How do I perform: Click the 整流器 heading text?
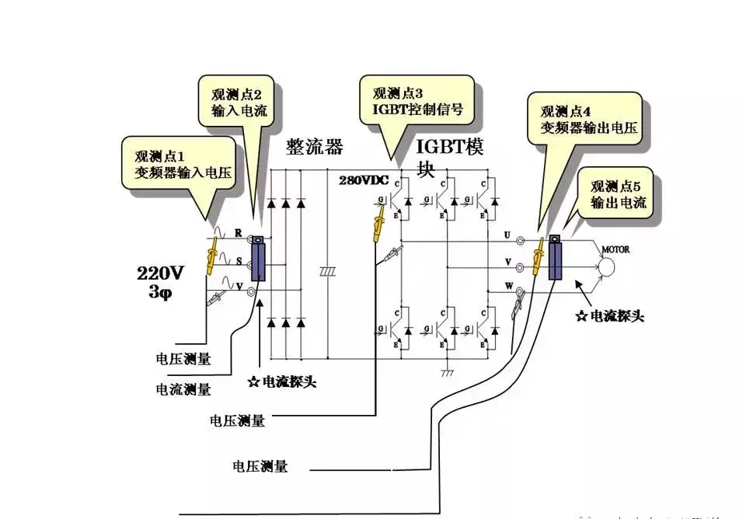(x=314, y=148)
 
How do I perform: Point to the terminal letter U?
(x=507, y=234)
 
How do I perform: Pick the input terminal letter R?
(x=239, y=232)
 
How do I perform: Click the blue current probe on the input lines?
(x=258, y=261)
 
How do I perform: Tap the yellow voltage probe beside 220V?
(x=211, y=257)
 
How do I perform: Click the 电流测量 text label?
(x=183, y=388)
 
